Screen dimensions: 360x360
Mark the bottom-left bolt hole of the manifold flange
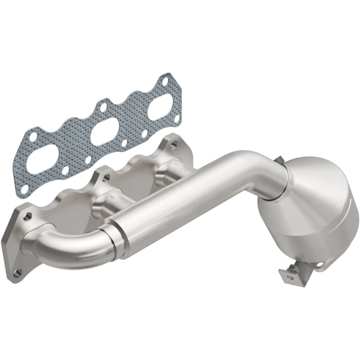click(x=18, y=272)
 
